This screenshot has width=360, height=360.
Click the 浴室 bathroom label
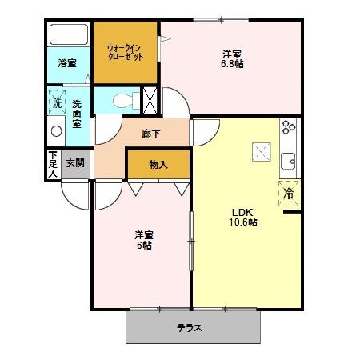point(67,63)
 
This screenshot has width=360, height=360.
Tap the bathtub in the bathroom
point(68,36)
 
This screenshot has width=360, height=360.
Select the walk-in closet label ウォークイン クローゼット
point(125,53)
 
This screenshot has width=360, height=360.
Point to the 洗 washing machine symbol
point(57,102)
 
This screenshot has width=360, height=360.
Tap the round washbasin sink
point(57,131)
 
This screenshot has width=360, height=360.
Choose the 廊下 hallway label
point(150,134)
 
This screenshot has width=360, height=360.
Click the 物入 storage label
point(158,165)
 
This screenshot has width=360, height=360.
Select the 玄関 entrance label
point(75,164)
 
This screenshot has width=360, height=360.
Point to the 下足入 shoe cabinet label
point(53,164)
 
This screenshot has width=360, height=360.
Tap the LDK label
point(242,212)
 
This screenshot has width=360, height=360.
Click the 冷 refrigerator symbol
point(288,192)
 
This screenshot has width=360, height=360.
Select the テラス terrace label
point(190,328)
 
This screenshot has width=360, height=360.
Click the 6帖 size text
point(144,246)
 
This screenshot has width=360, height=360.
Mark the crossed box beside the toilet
point(150,101)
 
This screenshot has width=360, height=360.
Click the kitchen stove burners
point(287,127)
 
